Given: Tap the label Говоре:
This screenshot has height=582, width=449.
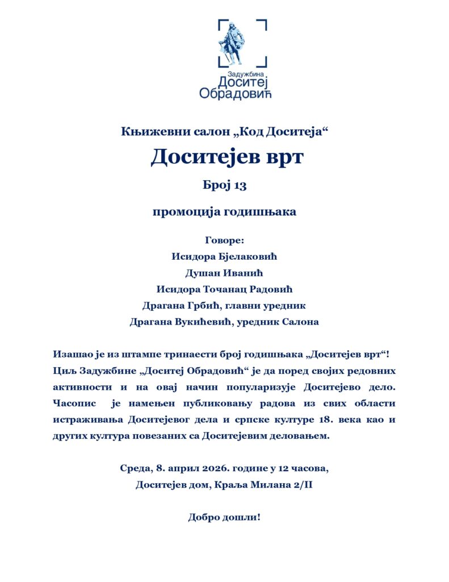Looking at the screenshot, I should pyautogui.click(x=224, y=240).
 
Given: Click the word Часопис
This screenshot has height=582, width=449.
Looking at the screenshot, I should pyautogui.click(x=74, y=403).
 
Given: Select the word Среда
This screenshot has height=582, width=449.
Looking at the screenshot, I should pyautogui.click(x=135, y=469).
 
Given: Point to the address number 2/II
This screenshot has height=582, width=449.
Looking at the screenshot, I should pyautogui.click(x=301, y=485).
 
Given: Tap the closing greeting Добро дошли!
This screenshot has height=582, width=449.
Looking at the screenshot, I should pyautogui.click(x=224, y=517).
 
